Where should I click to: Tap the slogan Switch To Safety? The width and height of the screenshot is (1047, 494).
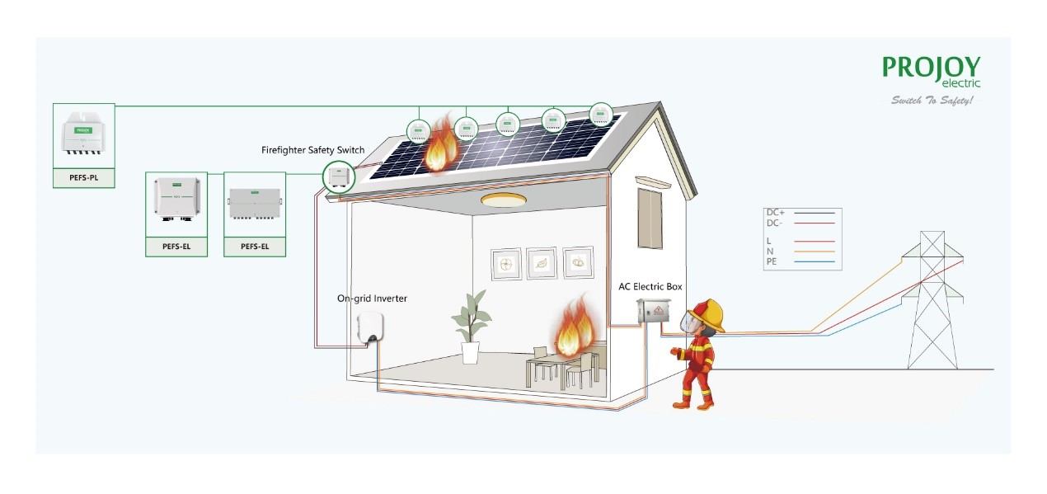(x=932, y=101)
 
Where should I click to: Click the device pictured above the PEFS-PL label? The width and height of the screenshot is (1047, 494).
(x=83, y=135)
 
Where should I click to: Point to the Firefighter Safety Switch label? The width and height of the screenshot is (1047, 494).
(x=312, y=150)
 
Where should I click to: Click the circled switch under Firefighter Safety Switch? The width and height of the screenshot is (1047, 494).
(x=337, y=175)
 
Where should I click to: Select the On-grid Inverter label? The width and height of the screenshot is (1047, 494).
(x=371, y=299)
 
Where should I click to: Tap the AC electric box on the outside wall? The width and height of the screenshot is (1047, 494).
(x=653, y=313)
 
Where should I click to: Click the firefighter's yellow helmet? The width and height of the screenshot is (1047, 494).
(x=707, y=314)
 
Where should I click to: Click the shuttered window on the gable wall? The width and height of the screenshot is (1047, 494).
(x=650, y=218)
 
